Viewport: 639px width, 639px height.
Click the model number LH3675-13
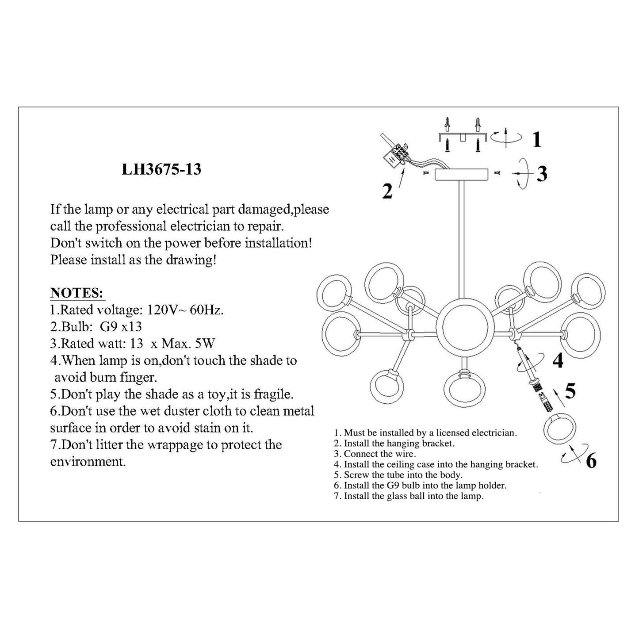tap(161, 169)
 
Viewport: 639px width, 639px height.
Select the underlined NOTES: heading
tap(77, 293)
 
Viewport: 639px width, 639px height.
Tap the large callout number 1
tap(537, 140)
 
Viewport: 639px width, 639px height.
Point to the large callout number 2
tap(387, 191)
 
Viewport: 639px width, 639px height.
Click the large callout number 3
tap(542, 173)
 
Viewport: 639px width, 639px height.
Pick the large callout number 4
tap(558, 360)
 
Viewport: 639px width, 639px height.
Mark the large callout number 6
tap(591, 461)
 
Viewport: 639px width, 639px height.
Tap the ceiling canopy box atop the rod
tap(462, 174)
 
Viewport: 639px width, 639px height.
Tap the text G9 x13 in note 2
tap(121, 327)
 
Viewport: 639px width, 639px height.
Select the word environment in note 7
tap(88, 462)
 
